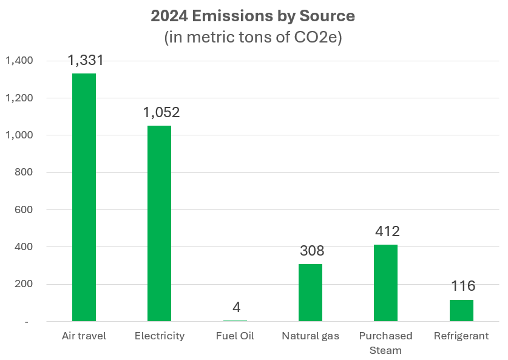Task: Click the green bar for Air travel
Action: [x=84, y=197]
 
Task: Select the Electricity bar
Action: [x=159, y=223]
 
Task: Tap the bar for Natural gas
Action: [x=310, y=293]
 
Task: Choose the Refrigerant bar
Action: [x=461, y=310]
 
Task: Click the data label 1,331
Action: [x=86, y=60]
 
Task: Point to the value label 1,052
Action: [x=161, y=112]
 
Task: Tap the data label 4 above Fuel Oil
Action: [x=236, y=307]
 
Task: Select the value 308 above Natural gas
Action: [x=311, y=251]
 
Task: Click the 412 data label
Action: [x=387, y=231]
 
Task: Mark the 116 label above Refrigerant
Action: [x=462, y=286]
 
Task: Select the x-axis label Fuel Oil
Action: [x=235, y=336]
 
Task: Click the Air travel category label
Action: [x=84, y=336]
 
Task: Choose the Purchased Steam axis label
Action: [x=385, y=342]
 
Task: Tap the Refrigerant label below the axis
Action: [x=461, y=336]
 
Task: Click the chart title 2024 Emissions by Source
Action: [x=254, y=17]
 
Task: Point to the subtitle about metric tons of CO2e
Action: [x=254, y=38]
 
